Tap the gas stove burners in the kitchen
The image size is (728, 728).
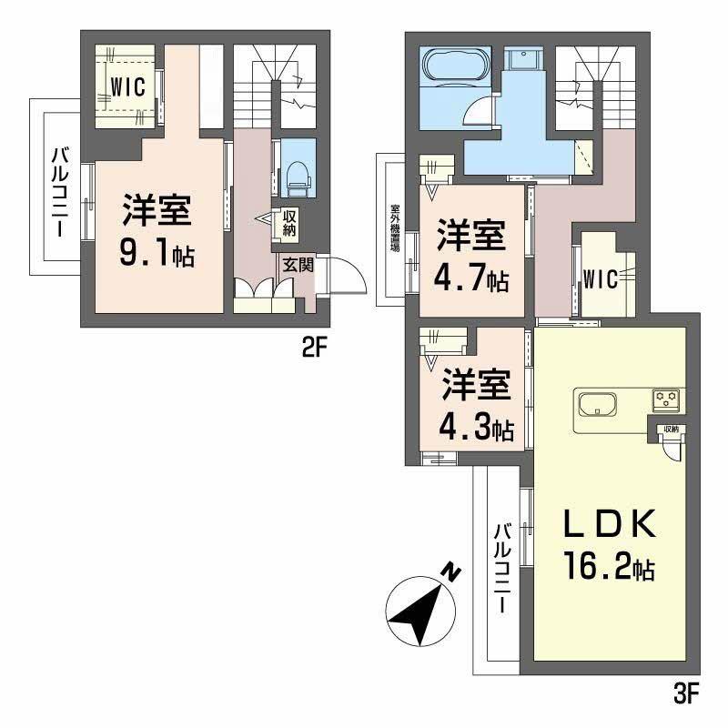[665, 398]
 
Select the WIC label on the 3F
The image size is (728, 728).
[602, 278]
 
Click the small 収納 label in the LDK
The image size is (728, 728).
[670, 430]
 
